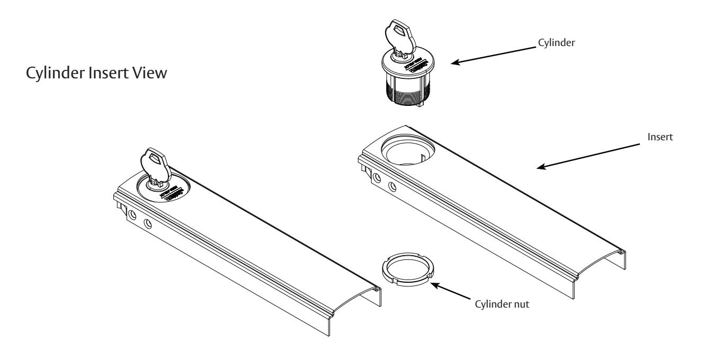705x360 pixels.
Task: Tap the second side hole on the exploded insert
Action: (x=392, y=186)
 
